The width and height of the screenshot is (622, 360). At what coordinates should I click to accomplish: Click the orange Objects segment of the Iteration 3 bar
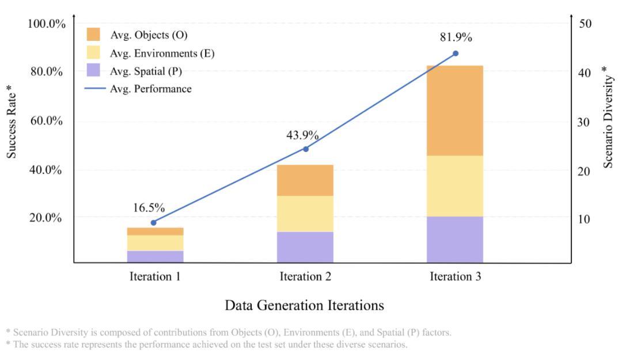[454, 111]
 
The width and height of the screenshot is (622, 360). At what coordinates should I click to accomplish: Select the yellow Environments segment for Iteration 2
[305, 214]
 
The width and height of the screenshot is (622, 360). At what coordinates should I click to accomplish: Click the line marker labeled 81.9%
[455, 53]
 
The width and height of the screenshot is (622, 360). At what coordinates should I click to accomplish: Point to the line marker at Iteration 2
[305, 149]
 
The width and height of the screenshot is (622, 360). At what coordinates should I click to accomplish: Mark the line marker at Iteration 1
[153, 222]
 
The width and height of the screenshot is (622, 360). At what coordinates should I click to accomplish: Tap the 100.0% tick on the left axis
[47, 24]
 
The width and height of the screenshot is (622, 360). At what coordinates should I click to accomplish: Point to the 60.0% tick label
[47, 121]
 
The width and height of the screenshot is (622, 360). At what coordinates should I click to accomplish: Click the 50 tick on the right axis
[585, 24]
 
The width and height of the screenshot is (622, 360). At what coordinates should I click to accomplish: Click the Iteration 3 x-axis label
[455, 276]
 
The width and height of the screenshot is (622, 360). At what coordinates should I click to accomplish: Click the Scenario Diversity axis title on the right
[608, 117]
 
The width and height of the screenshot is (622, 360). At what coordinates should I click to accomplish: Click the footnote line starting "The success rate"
[207, 344]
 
